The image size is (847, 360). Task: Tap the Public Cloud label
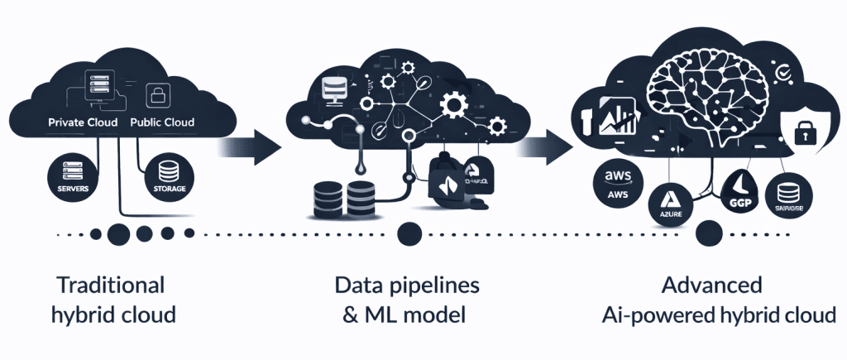162,122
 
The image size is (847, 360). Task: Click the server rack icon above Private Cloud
101,84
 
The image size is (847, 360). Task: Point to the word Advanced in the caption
712,286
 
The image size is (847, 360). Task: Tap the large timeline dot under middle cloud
405,235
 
